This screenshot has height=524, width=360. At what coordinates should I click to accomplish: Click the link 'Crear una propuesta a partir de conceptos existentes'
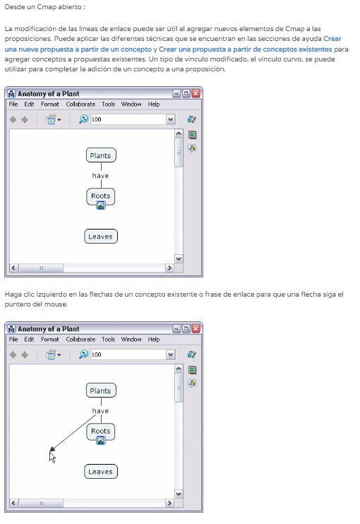(x=246, y=49)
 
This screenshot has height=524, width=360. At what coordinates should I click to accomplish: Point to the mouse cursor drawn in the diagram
(x=52, y=458)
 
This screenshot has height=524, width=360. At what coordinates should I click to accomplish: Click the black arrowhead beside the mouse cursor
(x=52, y=449)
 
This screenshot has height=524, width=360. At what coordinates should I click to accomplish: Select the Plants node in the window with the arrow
(x=101, y=391)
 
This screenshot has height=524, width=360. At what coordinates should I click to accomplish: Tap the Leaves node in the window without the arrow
(x=101, y=237)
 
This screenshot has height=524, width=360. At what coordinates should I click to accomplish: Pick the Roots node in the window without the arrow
(x=100, y=196)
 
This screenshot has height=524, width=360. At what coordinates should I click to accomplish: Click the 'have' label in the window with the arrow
(x=100, y=411)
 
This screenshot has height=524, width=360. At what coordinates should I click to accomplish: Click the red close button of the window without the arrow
(x=196, y=93)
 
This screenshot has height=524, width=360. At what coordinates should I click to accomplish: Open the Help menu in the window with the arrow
(x=154, y=339)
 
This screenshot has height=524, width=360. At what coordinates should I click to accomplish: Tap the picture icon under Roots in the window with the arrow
(x=100, y=441)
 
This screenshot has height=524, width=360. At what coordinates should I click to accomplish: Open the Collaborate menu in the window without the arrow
(x=80, y=105)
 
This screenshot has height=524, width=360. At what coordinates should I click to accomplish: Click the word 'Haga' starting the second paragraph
(x=13, y=294)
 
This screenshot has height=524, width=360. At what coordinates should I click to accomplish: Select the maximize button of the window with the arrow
(x=186, y=328)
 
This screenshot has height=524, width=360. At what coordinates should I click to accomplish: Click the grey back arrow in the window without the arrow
(x=13, y=119)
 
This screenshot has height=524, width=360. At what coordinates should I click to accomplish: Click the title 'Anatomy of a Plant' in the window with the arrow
(x=49, y=329)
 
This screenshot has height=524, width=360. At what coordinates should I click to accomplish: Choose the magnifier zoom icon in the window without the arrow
(x=83, y=119)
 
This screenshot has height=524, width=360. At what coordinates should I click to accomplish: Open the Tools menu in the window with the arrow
(x=108, y=339)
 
